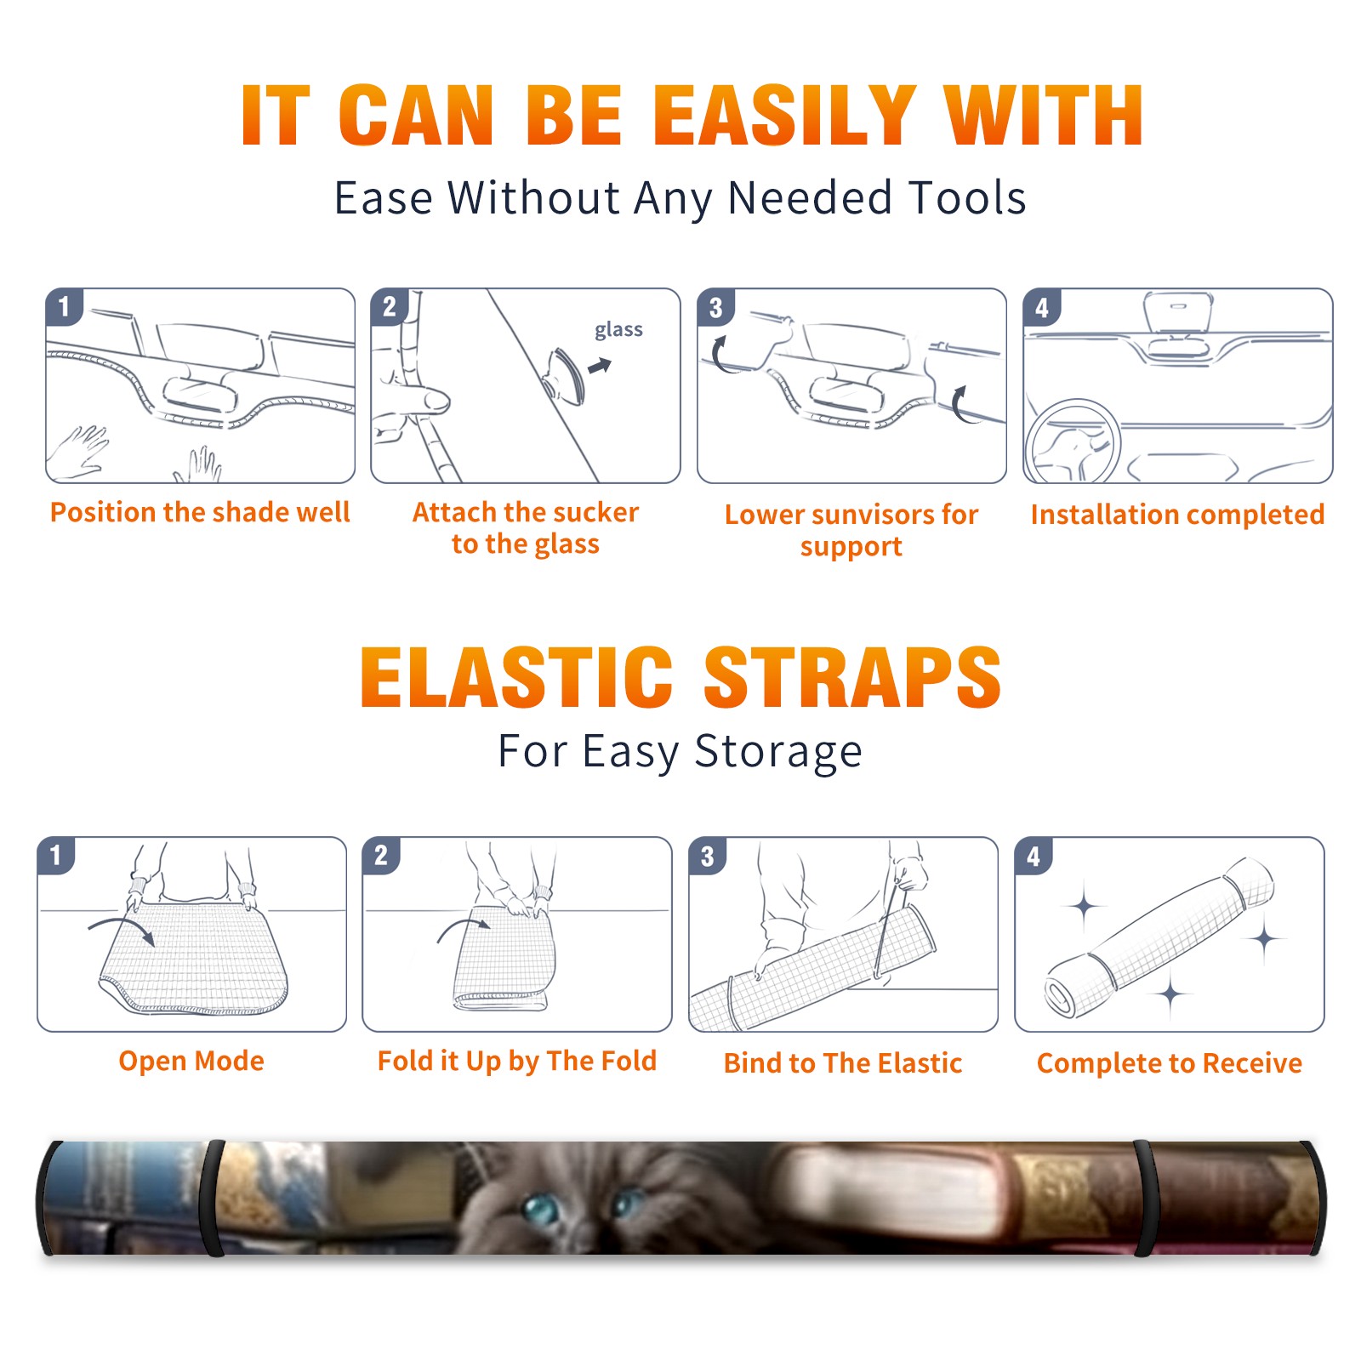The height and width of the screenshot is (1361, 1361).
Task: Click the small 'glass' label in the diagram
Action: click(x=618, y=330)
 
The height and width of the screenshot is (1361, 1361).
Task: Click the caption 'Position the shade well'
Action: click(x=200, y=512)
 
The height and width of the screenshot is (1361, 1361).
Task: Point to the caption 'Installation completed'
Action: click(x=1177, y=514)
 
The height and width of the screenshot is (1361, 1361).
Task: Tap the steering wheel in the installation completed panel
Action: click(x=1072, y=442)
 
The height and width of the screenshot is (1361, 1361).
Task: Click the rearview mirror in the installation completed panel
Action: click(x=1178, y=313)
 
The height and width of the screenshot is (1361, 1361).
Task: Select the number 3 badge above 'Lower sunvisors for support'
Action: click(x=715, y=307)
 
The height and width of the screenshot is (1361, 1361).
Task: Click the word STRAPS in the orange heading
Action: click(x=852, y=677)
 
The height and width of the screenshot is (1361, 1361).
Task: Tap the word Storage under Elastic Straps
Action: click(x=778, y=751)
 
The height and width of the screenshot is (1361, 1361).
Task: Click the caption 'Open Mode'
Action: click(x=191, y=1061)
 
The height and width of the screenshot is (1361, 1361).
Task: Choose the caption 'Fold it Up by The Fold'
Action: click(x=517, y=1061)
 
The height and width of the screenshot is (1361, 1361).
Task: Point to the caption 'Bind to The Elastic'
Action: click(x=843, y=1063)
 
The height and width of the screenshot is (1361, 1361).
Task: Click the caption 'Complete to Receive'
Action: click(x=1170, y=1063)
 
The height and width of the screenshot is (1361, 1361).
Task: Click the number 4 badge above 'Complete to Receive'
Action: click(x=1034, y=856)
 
